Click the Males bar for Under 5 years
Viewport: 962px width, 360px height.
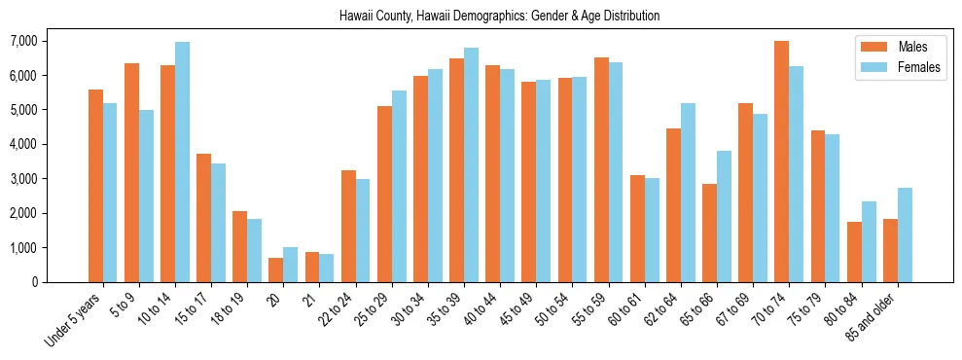coord(95,186)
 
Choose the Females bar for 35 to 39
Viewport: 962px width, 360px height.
coord(471,165)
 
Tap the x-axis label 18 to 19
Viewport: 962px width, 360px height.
coord(232,310)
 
